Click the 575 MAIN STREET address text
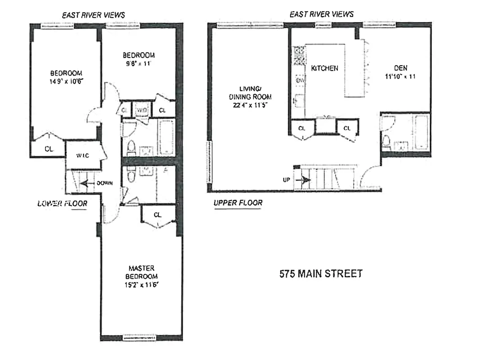pos(320,274)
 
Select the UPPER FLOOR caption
pos(238,203)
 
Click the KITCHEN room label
pos(324,68)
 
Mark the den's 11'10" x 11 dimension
pos(400,76)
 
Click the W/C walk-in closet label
pos(82,156)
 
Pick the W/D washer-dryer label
pos(142,110)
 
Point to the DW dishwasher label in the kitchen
pos(299,80)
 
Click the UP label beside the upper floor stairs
pos(285,180)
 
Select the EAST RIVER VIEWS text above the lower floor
pos(93,15)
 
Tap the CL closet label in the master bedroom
pos(157,215)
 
